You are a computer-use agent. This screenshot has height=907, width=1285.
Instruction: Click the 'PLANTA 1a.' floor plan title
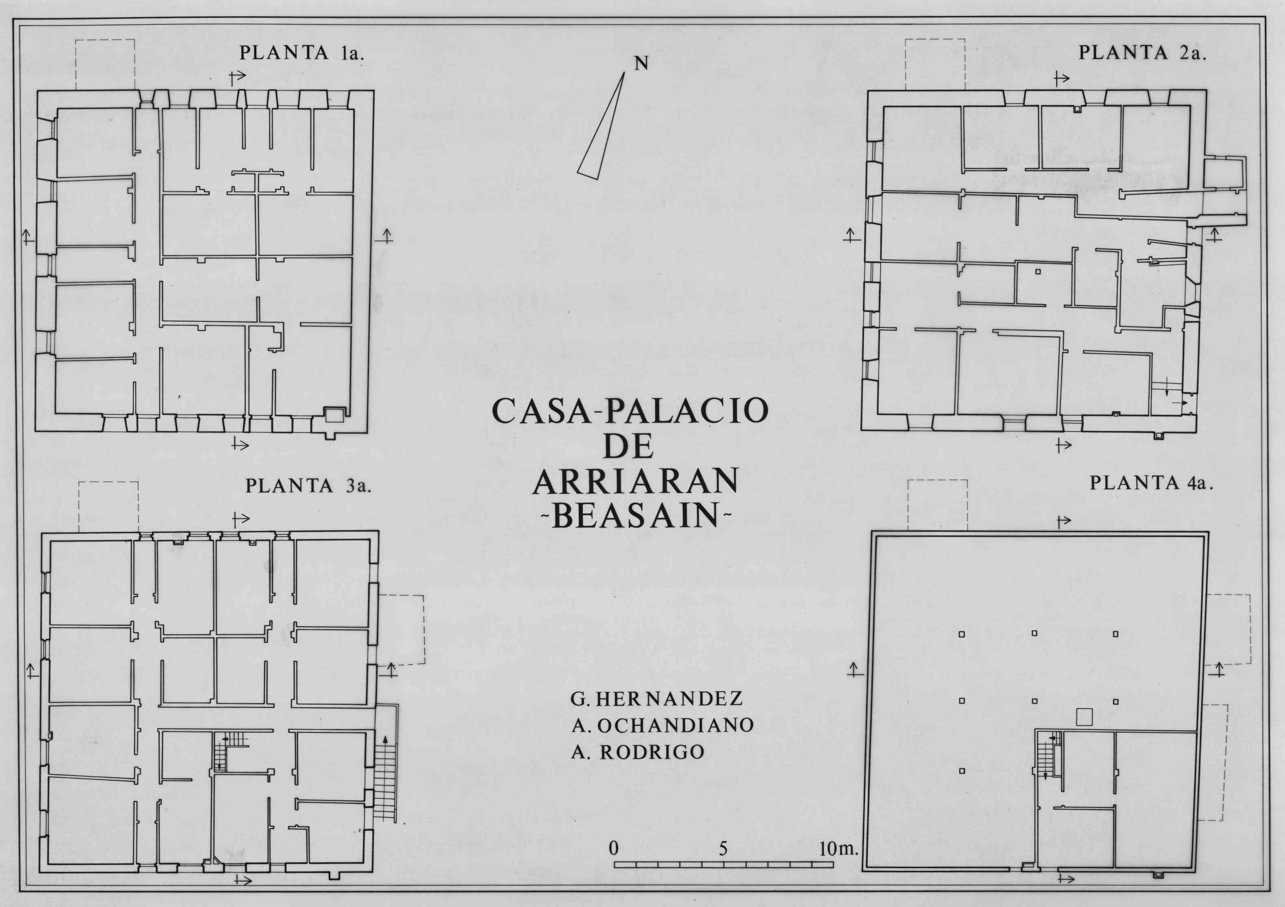[x=302, y=53]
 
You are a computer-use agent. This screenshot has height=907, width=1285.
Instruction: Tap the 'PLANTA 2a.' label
[x=1142, y=53]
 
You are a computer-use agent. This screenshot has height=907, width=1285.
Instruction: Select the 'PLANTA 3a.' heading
[x=308, y=486]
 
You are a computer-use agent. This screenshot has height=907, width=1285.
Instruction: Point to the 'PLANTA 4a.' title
[x=1151, y=483]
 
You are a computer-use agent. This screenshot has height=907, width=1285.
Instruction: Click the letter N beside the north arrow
[x=641, y=64]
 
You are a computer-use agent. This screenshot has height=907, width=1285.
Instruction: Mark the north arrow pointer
[x=601, y=126]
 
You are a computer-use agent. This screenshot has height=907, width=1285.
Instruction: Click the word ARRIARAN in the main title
[x=636, y=481]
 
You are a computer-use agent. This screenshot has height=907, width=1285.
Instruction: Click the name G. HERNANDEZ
[x=656, y=699]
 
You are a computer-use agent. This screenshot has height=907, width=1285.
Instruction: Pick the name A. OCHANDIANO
[x=663, y=726]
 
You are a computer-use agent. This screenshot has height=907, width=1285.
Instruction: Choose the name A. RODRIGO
[x=638, y=752]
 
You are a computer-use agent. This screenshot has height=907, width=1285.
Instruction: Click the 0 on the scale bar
[x=614, y=848]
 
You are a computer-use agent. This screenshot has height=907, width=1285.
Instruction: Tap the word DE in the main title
[x=630, y=446]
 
